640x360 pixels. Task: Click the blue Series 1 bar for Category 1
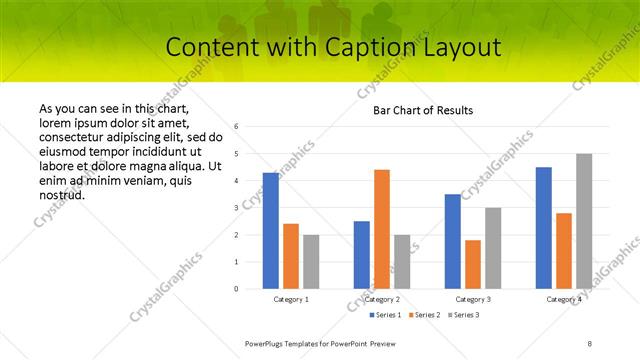[x=271, y=231]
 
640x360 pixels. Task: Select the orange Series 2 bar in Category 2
[x=382, y=229]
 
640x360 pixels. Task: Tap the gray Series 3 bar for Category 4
[x=584, y=221]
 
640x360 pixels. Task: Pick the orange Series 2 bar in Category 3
[x=473, y=264]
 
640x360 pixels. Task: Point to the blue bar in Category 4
[x=544, y=228]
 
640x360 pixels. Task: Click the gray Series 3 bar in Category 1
[x=311, y=262]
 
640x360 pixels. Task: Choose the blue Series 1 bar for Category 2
[x=362, y=255]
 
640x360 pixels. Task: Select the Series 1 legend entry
[x=388, y=315]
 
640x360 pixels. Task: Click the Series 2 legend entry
[x=425, y=315]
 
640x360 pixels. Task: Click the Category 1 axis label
[x=291, y=299]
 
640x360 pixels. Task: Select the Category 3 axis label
[x=473, y=299]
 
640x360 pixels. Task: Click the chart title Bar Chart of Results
[x=423, y=110]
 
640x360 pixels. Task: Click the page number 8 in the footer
[x=590, y=343]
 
